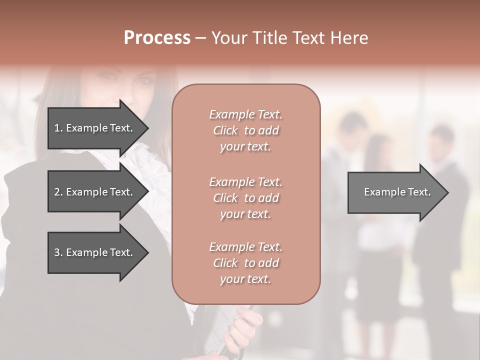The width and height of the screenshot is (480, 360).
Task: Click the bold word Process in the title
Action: point(157,38)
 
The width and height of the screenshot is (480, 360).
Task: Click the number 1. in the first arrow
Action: point(58,128)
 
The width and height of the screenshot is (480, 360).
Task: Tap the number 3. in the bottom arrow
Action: point(58,252)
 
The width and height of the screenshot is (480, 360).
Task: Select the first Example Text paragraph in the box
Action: point(245,130)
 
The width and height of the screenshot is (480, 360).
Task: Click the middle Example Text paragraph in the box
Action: point(245,198)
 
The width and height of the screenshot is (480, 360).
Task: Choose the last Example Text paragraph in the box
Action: point(245,263)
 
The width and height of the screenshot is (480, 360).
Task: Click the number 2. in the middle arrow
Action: point(58,192)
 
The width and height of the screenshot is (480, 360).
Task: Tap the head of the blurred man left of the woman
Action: point(352,125)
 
